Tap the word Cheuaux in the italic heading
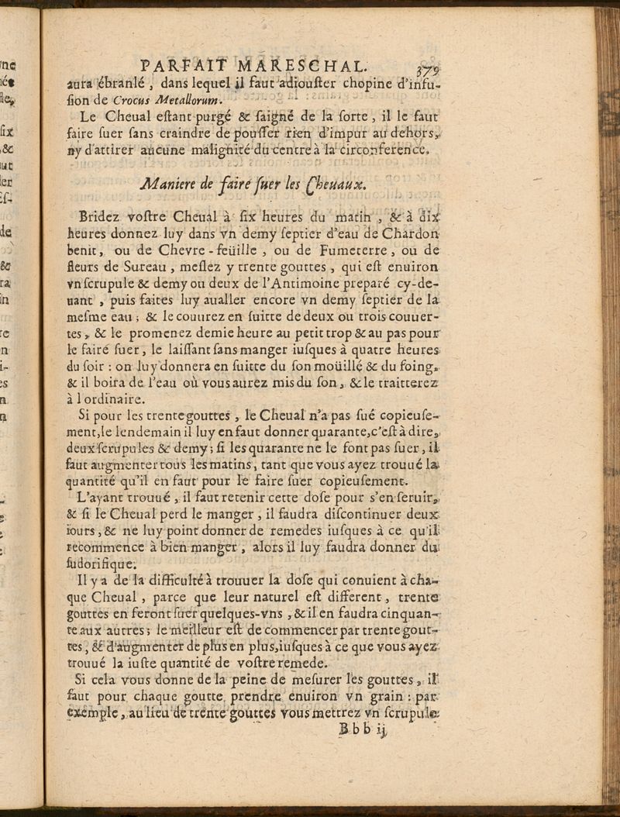(332, 186)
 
